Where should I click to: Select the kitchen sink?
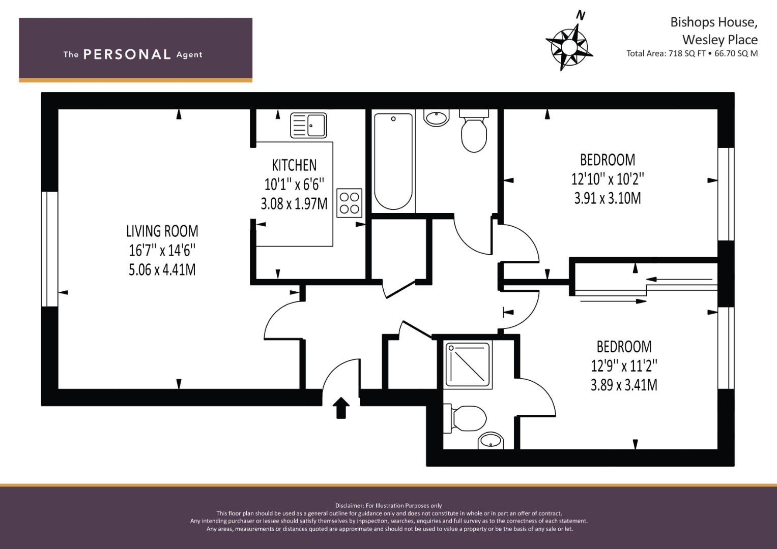tap(308, 126)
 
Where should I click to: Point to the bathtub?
tap(393, 161)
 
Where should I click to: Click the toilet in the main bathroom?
tap(474, 132)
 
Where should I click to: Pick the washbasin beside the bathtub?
tap(437, 118)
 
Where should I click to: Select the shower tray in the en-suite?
tap(468, 364)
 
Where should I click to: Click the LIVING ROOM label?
tap(162, 231)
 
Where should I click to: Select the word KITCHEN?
tap(294, 165)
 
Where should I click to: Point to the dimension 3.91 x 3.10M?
tap(607, 198)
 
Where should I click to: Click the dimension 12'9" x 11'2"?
tap(624, 365)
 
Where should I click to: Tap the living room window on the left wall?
tap(50, 249)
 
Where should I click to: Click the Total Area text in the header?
tap(692, 53)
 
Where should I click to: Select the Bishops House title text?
tap(713, 22)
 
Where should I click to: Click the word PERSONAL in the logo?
tap(127, 54)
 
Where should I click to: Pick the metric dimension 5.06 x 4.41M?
tap(162, 269)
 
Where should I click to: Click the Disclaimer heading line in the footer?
tap(388, 505)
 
